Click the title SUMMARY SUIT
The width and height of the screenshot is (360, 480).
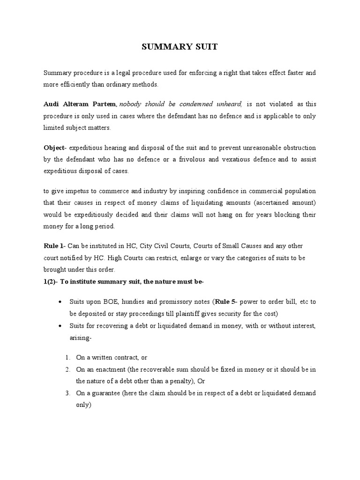point(180,47)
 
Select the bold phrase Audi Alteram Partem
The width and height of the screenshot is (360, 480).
point(80,104)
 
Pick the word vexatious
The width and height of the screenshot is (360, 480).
point(238,159)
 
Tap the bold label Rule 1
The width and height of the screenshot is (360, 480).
point(52,246)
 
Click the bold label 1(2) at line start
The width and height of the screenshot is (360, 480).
point(51,281)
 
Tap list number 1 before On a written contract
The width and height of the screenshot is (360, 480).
point(68,358)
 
